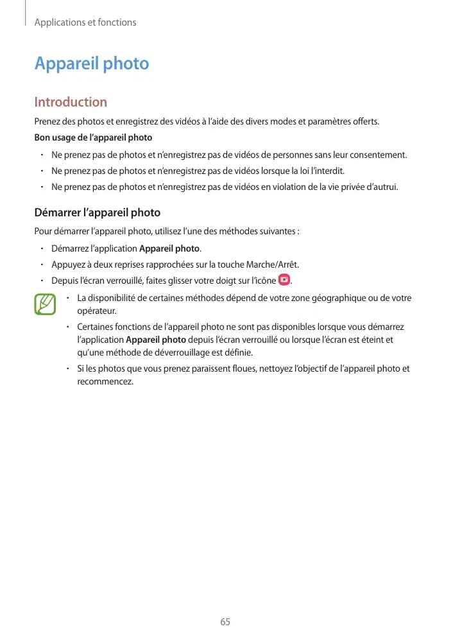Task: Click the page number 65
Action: tap(225, 622)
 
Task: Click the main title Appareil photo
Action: tap(92, 64)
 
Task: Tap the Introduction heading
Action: tap(71, 102)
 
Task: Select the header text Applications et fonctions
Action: tap(85, 22)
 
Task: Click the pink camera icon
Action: tap(284, 280)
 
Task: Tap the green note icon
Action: tap(45, 304)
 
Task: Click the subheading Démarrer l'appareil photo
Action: tap(97, 212)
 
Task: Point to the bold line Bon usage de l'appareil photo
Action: tap(93, 137)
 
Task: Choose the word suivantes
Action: tap(278, 231)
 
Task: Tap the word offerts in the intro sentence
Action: tap(365, 121)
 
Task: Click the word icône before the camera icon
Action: tap(264, 280)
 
